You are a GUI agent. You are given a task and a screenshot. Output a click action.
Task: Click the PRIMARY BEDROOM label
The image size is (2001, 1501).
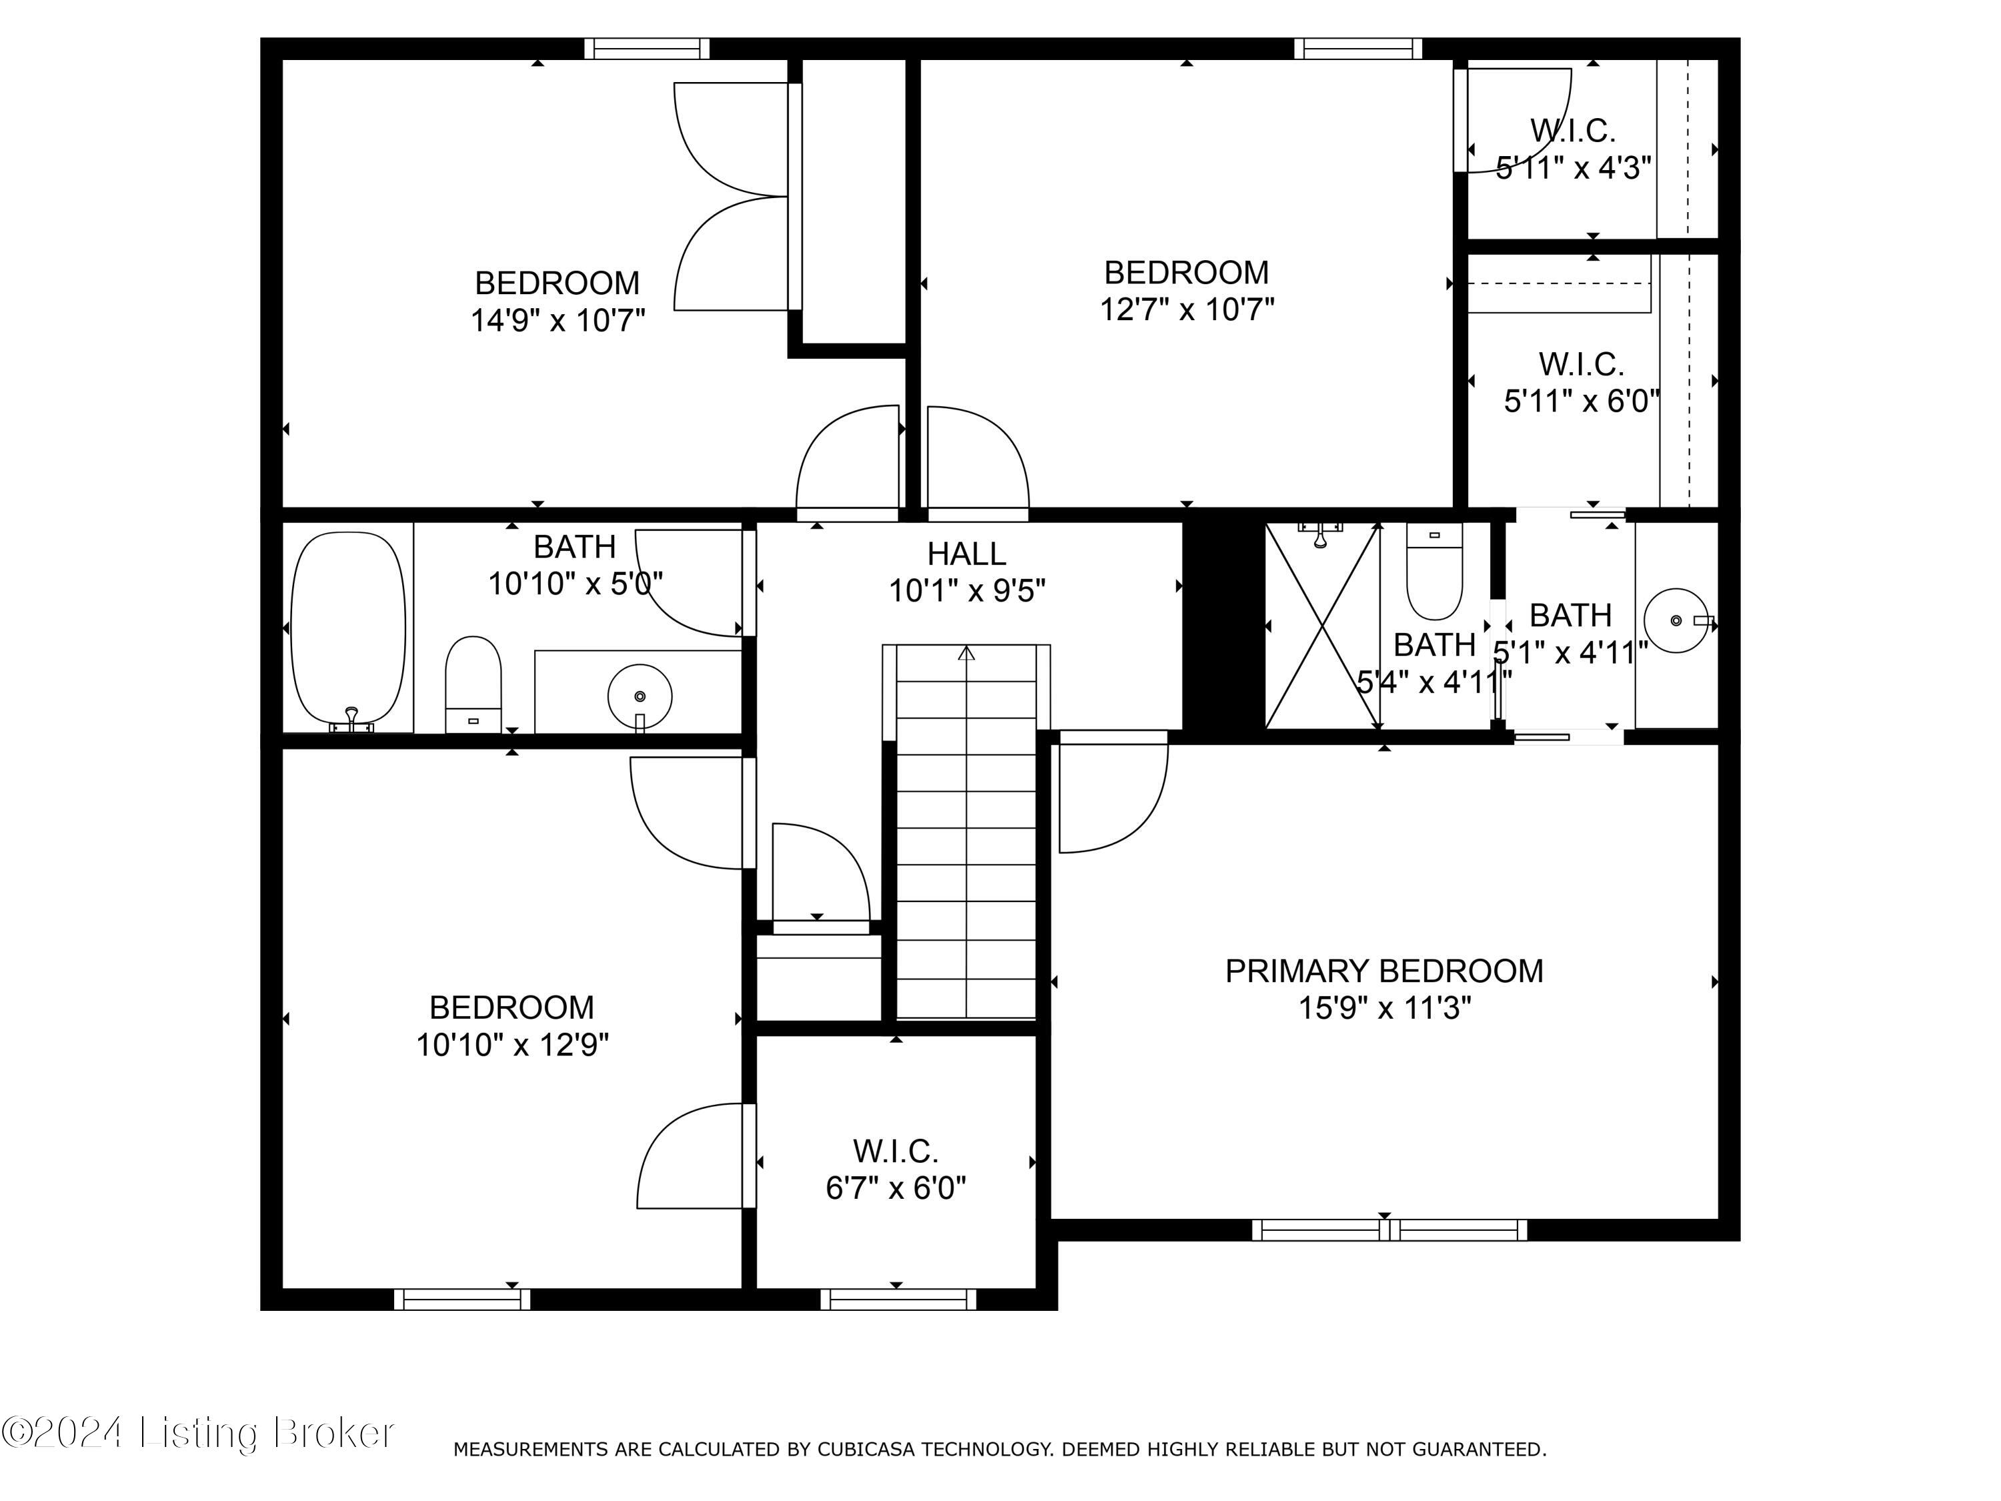[1384, 971]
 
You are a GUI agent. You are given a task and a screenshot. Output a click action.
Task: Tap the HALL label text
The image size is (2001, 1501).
[966, 554]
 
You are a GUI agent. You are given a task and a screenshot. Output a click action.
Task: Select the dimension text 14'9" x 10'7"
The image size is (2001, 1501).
[557, 320]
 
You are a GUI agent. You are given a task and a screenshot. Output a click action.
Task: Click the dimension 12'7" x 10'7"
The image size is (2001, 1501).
[1186, 310]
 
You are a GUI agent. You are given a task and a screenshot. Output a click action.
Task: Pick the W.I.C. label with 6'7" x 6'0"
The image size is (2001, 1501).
[896, 1151]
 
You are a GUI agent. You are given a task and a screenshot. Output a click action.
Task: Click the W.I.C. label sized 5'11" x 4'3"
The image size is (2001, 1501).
[1572, 131]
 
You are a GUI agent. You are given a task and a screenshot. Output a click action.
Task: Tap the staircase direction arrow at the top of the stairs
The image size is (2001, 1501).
[966, 652]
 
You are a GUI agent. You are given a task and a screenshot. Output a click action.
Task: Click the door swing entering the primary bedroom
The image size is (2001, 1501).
[1113, 796]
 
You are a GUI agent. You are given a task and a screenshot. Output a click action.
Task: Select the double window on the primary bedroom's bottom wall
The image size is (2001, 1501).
[1389, 1229]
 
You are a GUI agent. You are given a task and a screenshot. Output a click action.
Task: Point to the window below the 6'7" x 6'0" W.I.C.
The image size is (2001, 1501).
[897, 1300]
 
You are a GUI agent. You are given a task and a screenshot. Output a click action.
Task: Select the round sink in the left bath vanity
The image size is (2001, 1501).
[640, 696]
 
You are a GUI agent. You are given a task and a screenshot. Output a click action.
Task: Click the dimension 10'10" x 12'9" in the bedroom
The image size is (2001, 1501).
[512, 1045]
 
